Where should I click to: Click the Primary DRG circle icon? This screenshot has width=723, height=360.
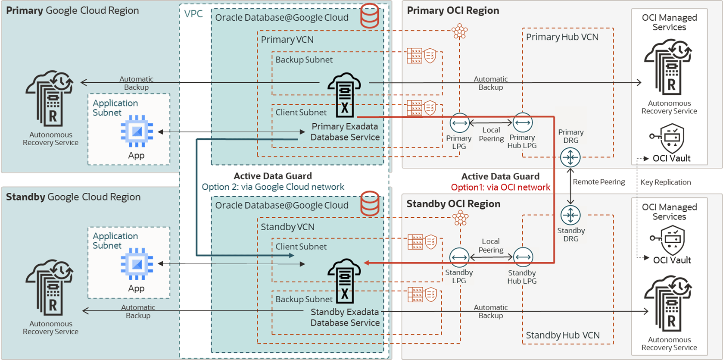[x=570, y=157]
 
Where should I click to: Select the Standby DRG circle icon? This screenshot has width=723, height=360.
[x=570, y=215]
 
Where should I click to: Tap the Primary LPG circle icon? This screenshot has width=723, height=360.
[x=459, y=123]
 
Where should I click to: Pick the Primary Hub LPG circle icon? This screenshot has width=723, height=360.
[x=523, y=123]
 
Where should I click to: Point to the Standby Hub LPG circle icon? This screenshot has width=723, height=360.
[x=523, y=257]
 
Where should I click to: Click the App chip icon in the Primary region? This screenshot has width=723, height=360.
[x=137, y=131]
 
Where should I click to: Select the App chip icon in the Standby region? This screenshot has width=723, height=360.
[x=137, y=264]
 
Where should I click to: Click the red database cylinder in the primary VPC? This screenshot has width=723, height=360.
[x=370, y=16]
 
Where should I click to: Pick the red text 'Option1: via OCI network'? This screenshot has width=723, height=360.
[x=500, y=188]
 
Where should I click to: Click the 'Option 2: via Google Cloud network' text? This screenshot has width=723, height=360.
[x=273, y=187]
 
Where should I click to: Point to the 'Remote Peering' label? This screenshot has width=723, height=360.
[x=598, y=182]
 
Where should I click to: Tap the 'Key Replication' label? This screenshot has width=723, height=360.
[x=665, y=182]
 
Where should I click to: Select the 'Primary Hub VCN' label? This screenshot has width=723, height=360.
[x=562, y=37]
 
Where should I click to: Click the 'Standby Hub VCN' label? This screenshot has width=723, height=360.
[x=562, y=335]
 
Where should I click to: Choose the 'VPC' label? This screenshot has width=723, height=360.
[x=193, y=14]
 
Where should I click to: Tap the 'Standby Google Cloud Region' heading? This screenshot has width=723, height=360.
[x=73, y=197]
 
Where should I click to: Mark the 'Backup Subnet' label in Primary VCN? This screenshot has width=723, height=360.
[x=304, y=60]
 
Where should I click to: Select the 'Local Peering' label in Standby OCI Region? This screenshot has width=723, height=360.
[x=491, y=246]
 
